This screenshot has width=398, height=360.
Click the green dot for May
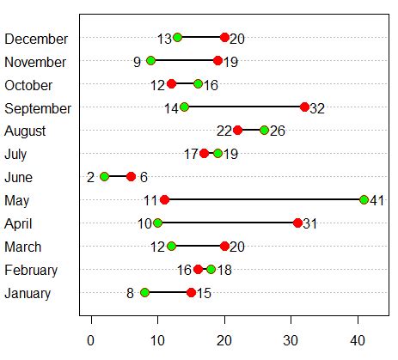click(364, 199)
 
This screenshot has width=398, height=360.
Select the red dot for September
click(304, 107)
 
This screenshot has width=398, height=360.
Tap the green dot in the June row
click(105, 176)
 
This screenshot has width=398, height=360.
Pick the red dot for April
click(297, 223)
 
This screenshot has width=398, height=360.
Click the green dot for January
click(144, 292)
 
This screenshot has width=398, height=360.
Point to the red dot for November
click(217, 61)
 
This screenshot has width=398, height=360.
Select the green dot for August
click(265, 131)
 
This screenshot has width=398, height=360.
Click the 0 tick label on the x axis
click(91, 339)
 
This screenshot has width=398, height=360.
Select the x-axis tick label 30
click(291, 339)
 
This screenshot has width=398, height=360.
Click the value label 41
click(378, 200)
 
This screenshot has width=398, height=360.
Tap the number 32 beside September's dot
click(318, 108)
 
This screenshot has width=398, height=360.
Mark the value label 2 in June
click(90, 177)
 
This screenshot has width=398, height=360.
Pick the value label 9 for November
click(137, 62)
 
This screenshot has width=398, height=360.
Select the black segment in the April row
click(227, 223)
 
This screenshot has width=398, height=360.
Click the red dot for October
click(171, 84)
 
